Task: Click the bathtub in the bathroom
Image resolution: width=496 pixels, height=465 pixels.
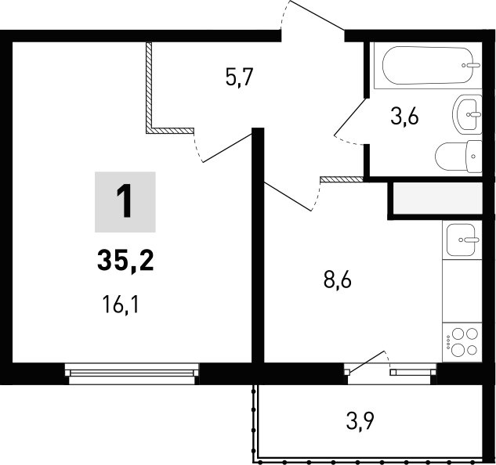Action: (426, 66)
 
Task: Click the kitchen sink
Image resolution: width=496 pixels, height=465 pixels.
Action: (462, 239)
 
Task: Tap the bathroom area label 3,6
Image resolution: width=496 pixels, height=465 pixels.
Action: (405, 117)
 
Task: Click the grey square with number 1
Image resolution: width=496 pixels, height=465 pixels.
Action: (125, 203)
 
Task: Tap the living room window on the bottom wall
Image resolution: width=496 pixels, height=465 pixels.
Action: (132, 372)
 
